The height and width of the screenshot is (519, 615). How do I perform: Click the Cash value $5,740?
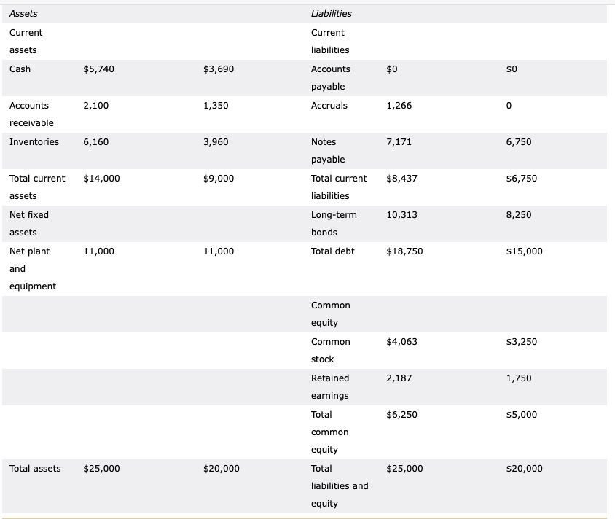(98, 69)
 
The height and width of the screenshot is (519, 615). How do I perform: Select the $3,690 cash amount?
(219, 69)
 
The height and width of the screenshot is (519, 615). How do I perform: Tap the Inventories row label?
(34, 142)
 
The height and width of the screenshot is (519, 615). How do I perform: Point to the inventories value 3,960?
(216, 142)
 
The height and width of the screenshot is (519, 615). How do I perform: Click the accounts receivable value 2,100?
(96, 106)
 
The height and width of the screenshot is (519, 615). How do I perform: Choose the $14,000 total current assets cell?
(102, 179)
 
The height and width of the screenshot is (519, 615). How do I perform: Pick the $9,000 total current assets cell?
(219, 179)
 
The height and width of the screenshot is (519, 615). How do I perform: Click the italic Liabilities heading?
(331, 14)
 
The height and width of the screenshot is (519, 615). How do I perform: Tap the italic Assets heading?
(24, 14)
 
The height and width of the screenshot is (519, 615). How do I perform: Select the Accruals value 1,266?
(399, 106)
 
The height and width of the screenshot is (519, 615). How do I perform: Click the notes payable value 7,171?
(399, 142)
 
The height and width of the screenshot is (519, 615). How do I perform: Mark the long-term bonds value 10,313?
(401, 215)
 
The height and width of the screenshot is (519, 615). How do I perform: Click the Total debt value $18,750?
(404, 251)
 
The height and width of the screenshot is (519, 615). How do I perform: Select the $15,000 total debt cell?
(524, 251)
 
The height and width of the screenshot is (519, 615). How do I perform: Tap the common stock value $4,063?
(401, 342)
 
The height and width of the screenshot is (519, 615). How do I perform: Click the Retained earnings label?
(330, 386)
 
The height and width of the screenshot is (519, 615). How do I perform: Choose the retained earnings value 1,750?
(518, 378)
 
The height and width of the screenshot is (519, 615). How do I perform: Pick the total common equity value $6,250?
(401, 415)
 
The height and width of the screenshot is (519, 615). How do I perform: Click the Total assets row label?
(35, 469)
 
